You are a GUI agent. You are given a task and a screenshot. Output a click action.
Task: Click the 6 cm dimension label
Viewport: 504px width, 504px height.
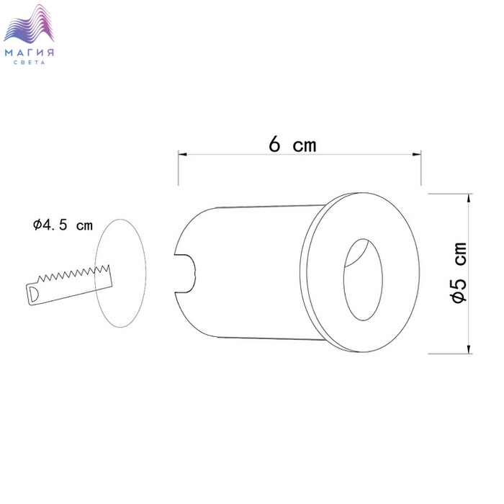[x=292, y=144]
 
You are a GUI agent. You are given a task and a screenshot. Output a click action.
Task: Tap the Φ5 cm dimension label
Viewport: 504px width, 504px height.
[x=459, y=273]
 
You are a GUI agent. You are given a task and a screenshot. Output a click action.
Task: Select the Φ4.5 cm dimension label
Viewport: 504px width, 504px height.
[x=63, y=225]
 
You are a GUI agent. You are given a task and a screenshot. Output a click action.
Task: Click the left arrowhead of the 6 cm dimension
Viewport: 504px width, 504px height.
[x=183, y=154]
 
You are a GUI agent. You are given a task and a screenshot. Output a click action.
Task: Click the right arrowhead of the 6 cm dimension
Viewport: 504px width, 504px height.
[x=417, y=154]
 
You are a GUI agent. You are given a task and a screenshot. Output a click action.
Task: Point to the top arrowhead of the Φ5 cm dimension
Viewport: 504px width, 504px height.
[x=469, y=198]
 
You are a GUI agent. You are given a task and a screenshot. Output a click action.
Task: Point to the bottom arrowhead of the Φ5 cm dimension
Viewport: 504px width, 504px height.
[x=469, y=349]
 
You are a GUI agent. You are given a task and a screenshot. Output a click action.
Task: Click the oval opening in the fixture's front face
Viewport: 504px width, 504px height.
[x=363, y=279]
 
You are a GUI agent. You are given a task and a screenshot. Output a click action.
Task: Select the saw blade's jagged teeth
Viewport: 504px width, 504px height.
[x=74, y=274]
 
